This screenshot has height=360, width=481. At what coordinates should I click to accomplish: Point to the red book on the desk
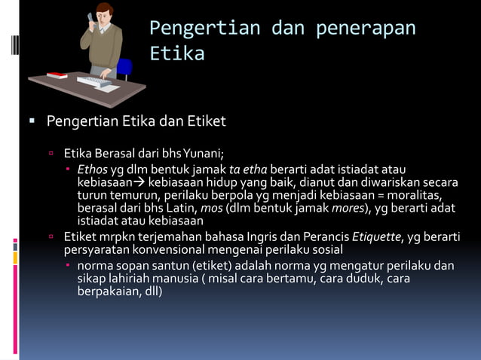(57, 75)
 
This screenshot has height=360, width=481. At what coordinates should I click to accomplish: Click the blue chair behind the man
(123, 68)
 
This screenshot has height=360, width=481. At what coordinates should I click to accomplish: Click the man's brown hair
(104, 8)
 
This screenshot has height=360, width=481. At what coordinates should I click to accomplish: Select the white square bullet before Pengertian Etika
(32, 121)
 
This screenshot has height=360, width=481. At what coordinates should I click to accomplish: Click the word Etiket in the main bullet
(206, 121)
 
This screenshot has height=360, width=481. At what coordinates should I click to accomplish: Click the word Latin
(181, 208)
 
